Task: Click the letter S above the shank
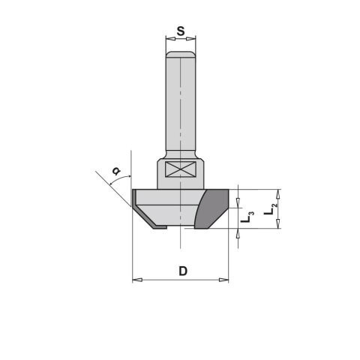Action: click(x=180, y=31)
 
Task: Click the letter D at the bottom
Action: click(x=182, y=271)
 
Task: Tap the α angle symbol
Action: click(x=115, y=171)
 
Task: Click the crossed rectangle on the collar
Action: click(x=181, y=171)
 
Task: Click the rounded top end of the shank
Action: click(x=181, y=54)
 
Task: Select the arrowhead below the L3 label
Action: click(x=238, y=233)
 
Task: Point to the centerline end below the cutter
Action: click(x=181, y=244)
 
